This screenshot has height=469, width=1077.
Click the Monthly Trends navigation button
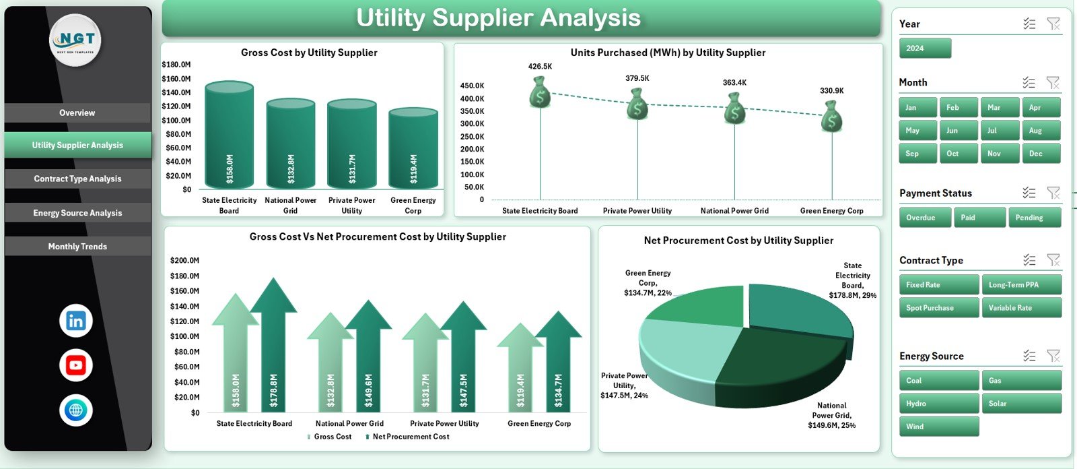(77, 247)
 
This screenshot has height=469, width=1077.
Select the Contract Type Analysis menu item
(77, 179)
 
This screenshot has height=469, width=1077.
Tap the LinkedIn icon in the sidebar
(76, 321)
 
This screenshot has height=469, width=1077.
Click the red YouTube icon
(76, 365)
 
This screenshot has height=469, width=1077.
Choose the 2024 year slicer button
(925, 49)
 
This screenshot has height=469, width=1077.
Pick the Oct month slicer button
(958, 154)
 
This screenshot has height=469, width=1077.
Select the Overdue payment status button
(926, 218)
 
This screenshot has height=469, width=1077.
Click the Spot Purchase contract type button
(938, 308)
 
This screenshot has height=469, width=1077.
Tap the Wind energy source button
(938, 427)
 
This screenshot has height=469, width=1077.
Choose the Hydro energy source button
(938, 404)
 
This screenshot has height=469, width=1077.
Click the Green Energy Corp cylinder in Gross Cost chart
(413, 148)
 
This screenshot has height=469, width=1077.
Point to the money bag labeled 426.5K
(540, 93)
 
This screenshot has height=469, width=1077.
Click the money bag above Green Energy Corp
(832, 117)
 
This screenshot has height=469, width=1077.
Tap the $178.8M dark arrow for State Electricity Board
(273, 350)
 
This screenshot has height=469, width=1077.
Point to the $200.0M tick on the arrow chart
(184, 260)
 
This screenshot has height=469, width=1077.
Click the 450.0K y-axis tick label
(472, 86)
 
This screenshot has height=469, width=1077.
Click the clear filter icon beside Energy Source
(1053, 356)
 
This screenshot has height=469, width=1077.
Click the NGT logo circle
(76, 40)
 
